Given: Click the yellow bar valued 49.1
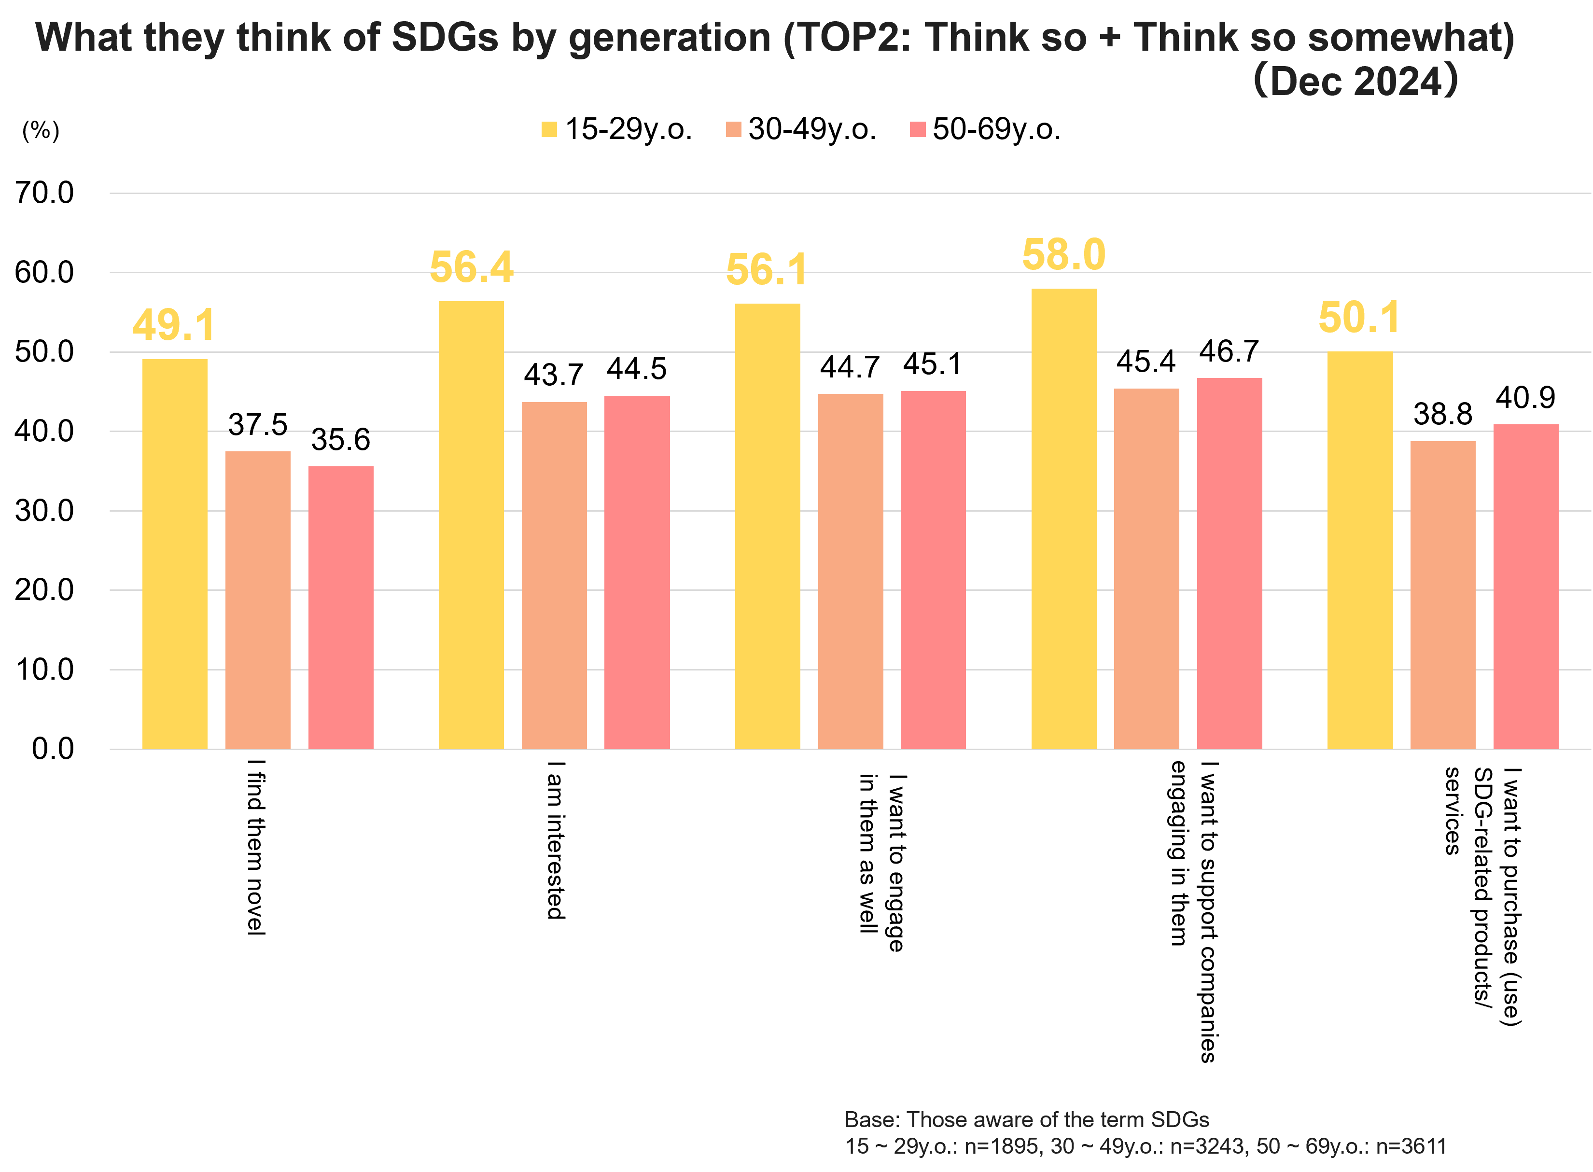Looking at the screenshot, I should (175, 553).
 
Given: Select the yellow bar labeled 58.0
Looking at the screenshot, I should (1063, 518).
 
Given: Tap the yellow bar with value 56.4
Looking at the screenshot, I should (471, 525).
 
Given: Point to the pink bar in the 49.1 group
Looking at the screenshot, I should (341, 607).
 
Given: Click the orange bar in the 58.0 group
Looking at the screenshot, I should (1146, 568).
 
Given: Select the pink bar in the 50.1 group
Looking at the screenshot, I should (1525, 586).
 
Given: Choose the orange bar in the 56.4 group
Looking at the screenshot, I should (554, 574).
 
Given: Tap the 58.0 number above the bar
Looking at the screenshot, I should (1063, 255).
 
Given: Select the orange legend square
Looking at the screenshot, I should (734, 129).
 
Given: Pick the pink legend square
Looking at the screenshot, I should (918, 129).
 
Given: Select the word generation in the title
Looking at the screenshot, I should (669, 38).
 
